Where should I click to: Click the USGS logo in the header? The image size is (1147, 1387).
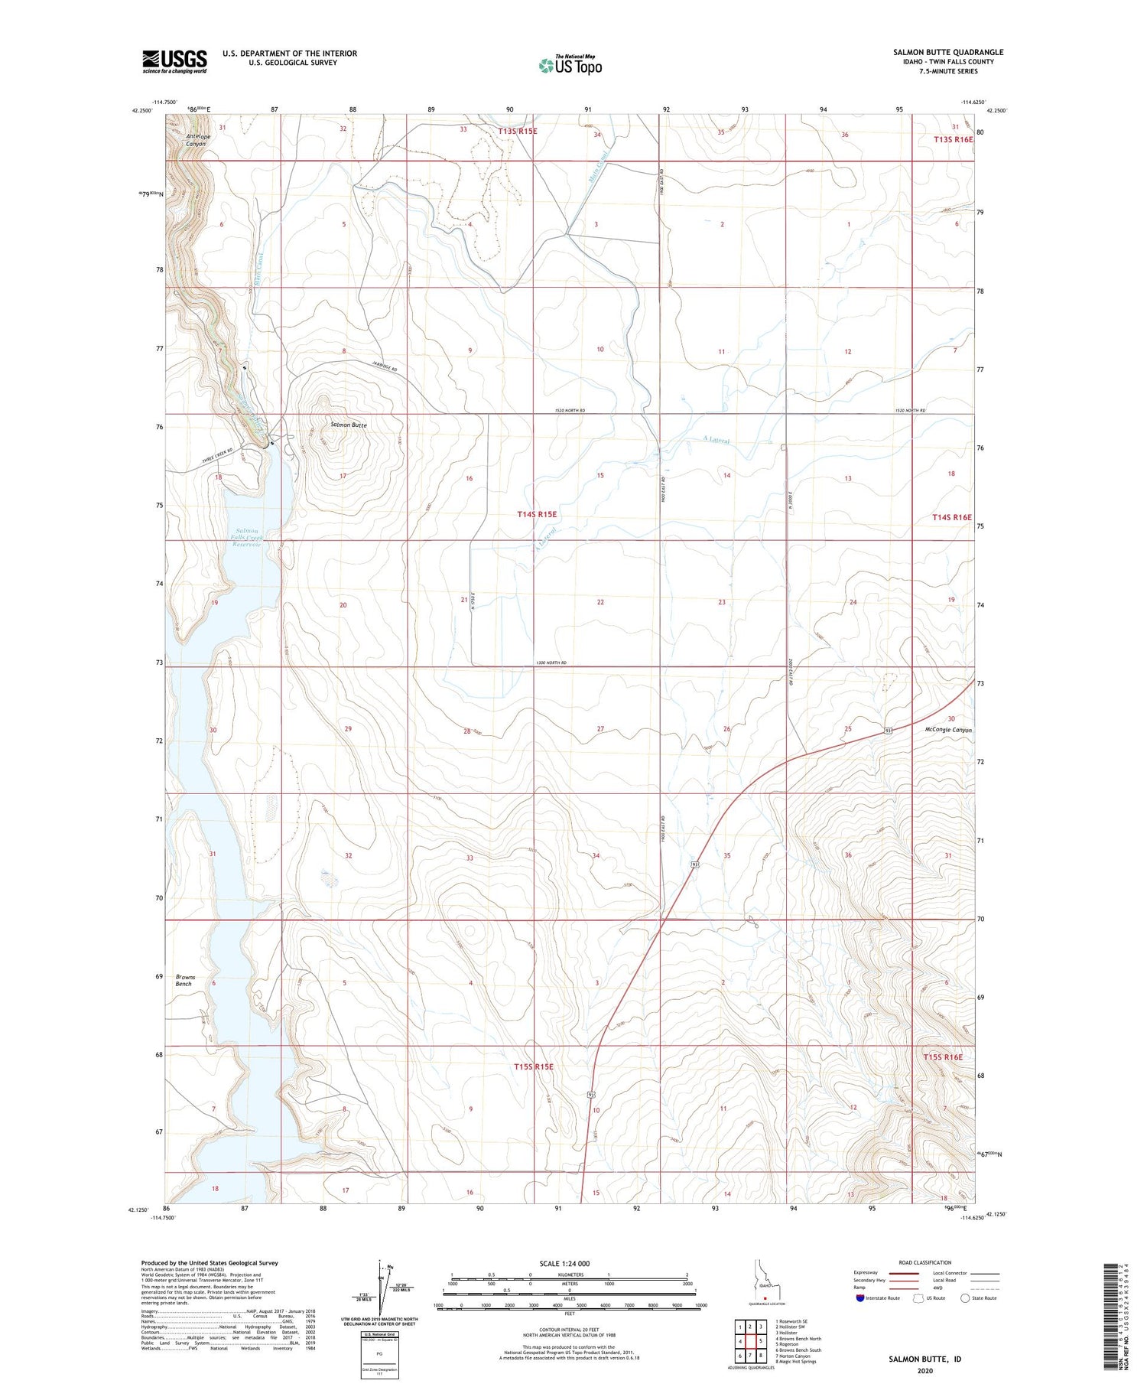(174, 61)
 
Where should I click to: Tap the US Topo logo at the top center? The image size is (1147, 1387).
(570, 66)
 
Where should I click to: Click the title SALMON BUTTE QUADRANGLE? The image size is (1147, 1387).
(947, 52)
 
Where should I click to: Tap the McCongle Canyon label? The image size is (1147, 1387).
(947, 730)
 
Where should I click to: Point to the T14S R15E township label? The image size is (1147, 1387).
(537, 515)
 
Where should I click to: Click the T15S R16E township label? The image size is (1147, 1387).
(942, 1057)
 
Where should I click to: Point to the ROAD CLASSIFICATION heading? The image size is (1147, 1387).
(925, 1262)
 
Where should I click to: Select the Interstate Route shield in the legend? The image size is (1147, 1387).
(859, 1297)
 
